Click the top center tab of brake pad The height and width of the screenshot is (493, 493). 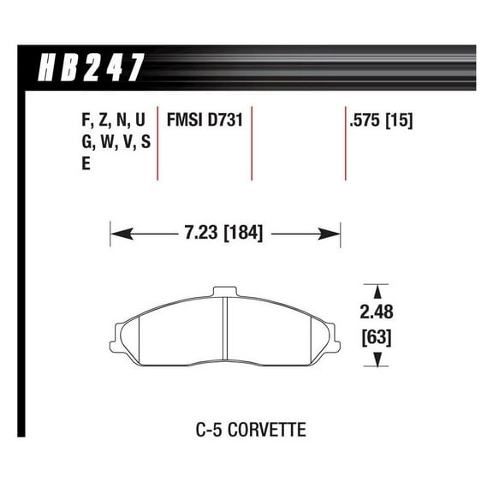click(223, 290)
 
